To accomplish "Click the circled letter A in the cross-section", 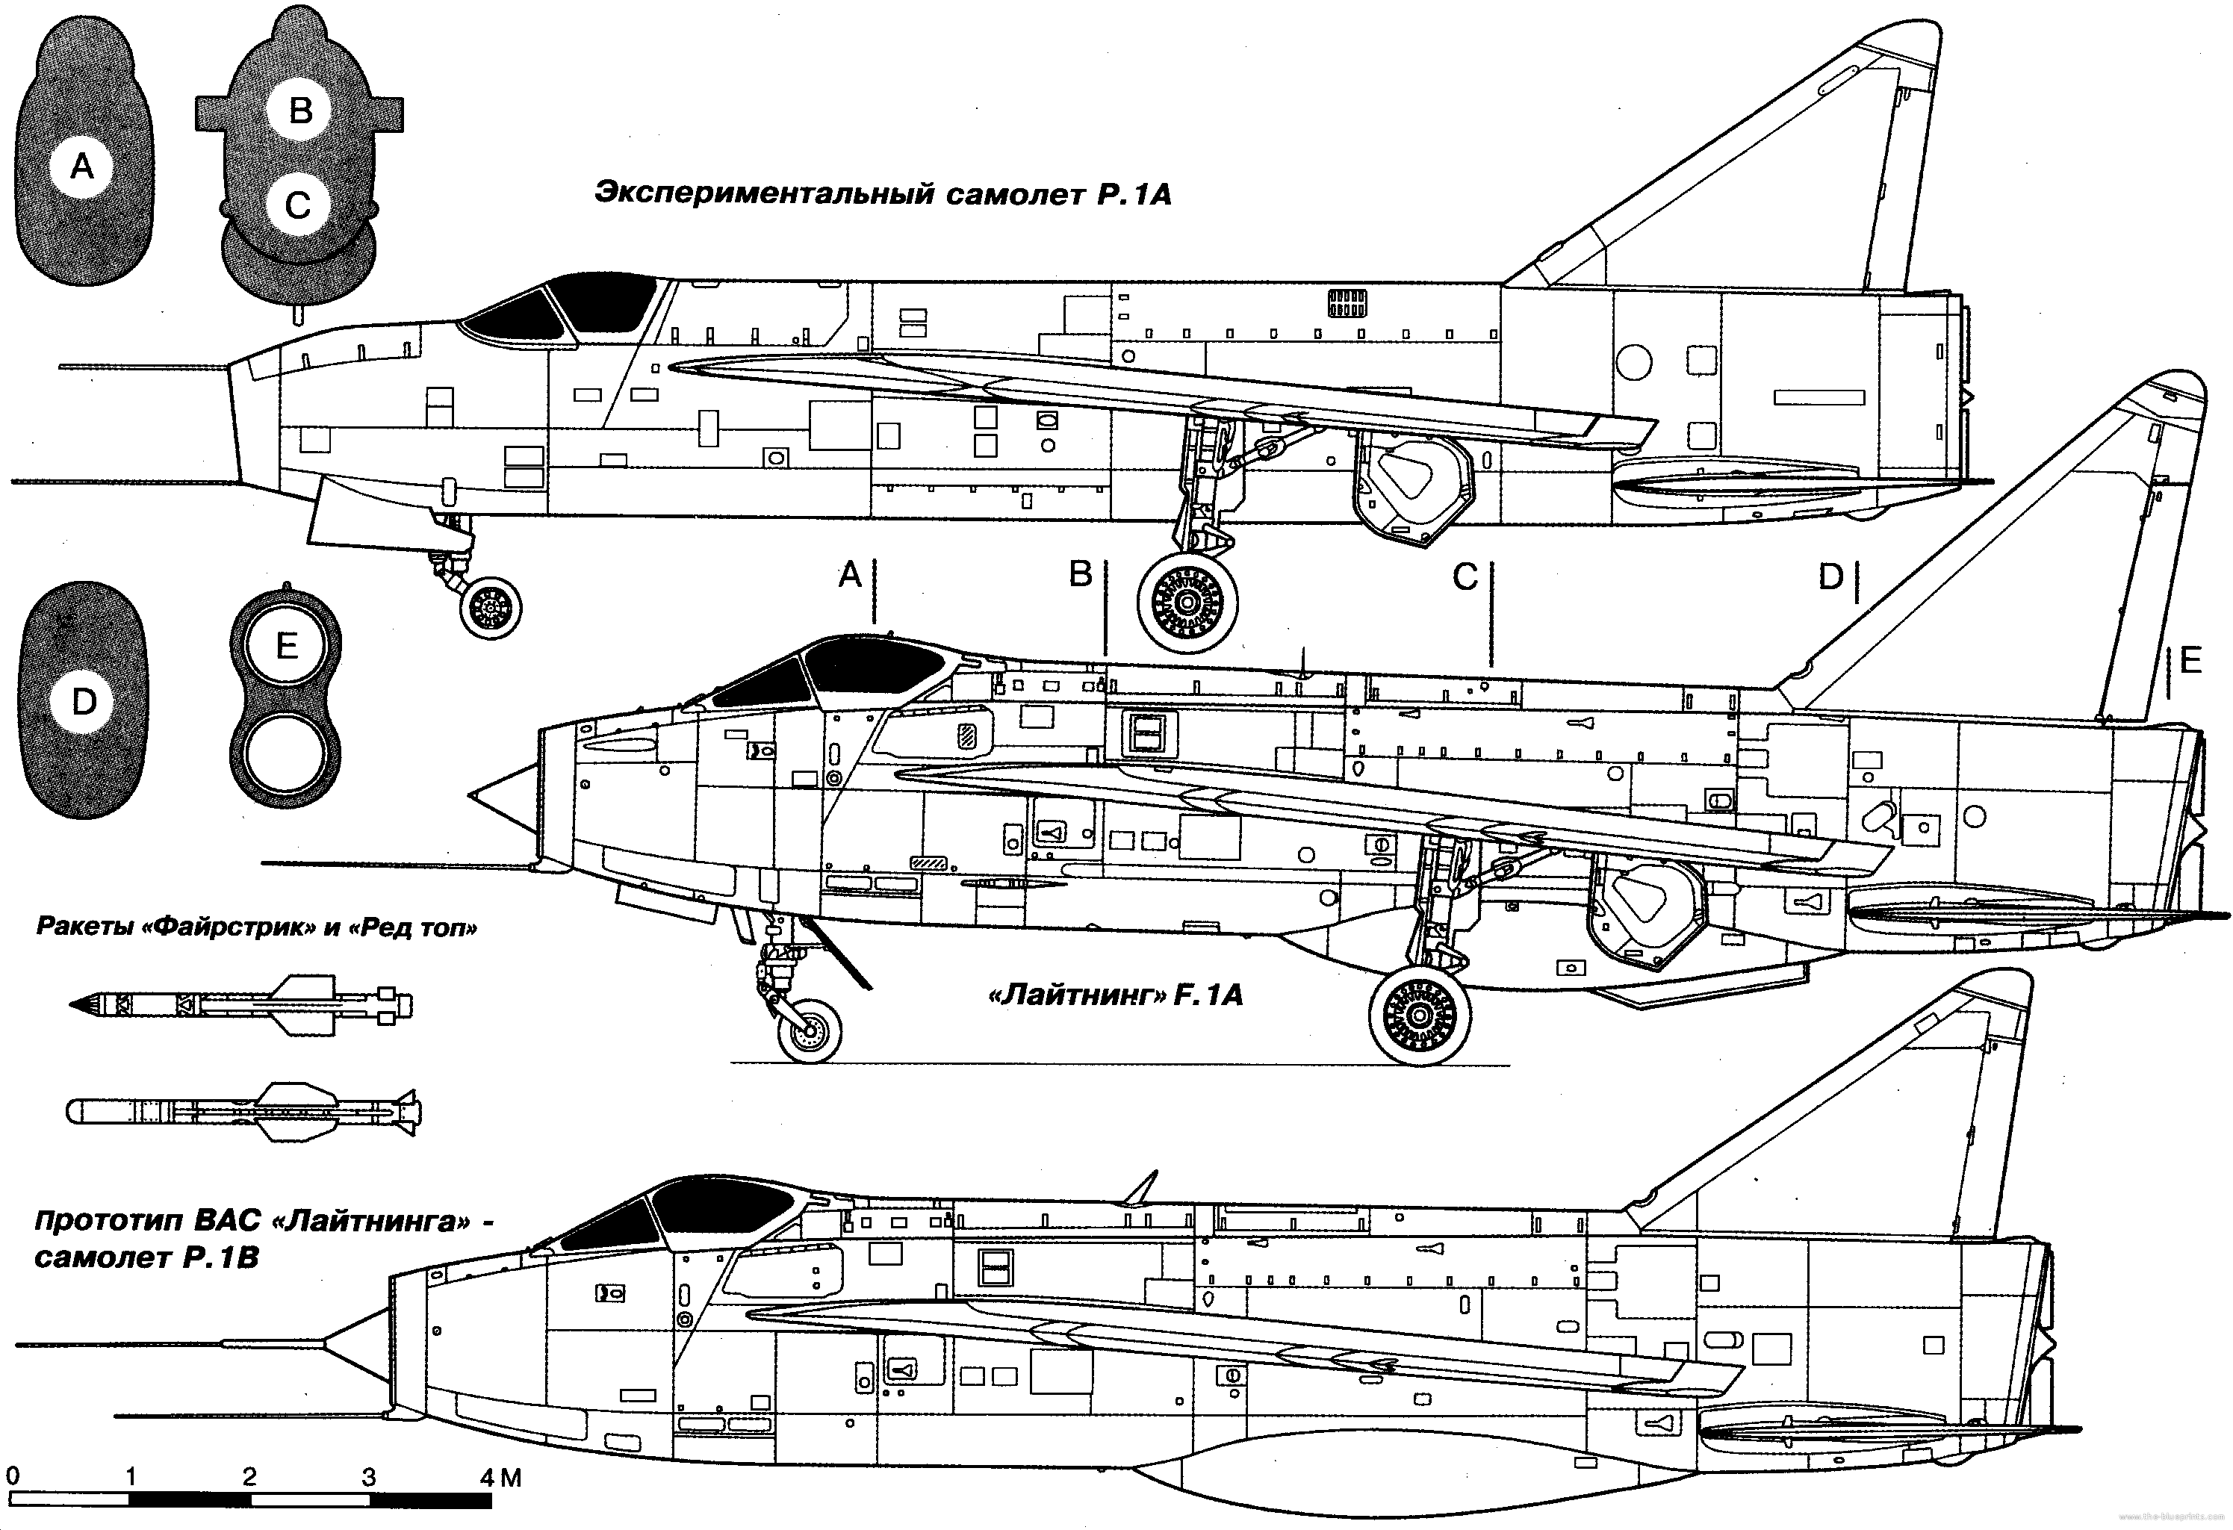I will click(x=83, y=167).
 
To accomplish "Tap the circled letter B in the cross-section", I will click(x=299, y=111).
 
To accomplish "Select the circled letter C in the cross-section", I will click(x=298, y=205).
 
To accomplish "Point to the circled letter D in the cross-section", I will click(x=84, y=702).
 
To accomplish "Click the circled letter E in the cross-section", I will click(x=286, y=645).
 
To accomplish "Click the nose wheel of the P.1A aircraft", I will click(x=491, y=607).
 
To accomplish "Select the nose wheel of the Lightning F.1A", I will click(x=809, y=1030).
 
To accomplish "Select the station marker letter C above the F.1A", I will click(x=1465, y=577).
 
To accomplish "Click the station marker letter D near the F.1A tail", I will click(x=1830, y=577).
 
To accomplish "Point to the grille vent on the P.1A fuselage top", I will click(x=1347, y=302).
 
